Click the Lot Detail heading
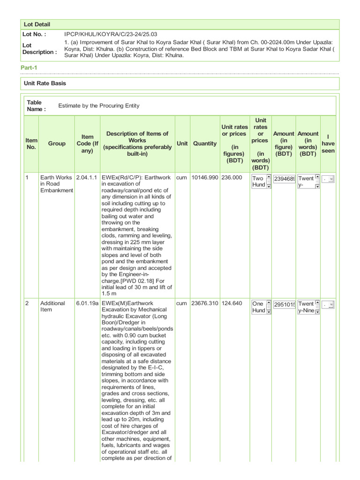pos(37,24)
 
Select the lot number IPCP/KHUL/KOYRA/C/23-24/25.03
pos(111,35)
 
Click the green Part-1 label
pos(29,68)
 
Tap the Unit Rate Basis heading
pos(45,83)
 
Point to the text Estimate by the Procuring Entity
pos(98,106)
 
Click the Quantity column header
pos(205,144)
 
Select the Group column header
pos(57,144)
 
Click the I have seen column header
pos(328,144)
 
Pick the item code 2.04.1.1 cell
pos(86,178)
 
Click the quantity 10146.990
pos(205,178)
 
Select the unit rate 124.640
pos(232,303)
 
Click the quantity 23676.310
pos(205,303)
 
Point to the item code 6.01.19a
pos(87,303)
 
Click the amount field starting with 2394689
pos(284,179)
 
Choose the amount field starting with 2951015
pos(284,305)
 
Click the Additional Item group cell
pos(52,307)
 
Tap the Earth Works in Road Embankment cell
pos(56,184)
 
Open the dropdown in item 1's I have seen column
pos(328,179)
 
